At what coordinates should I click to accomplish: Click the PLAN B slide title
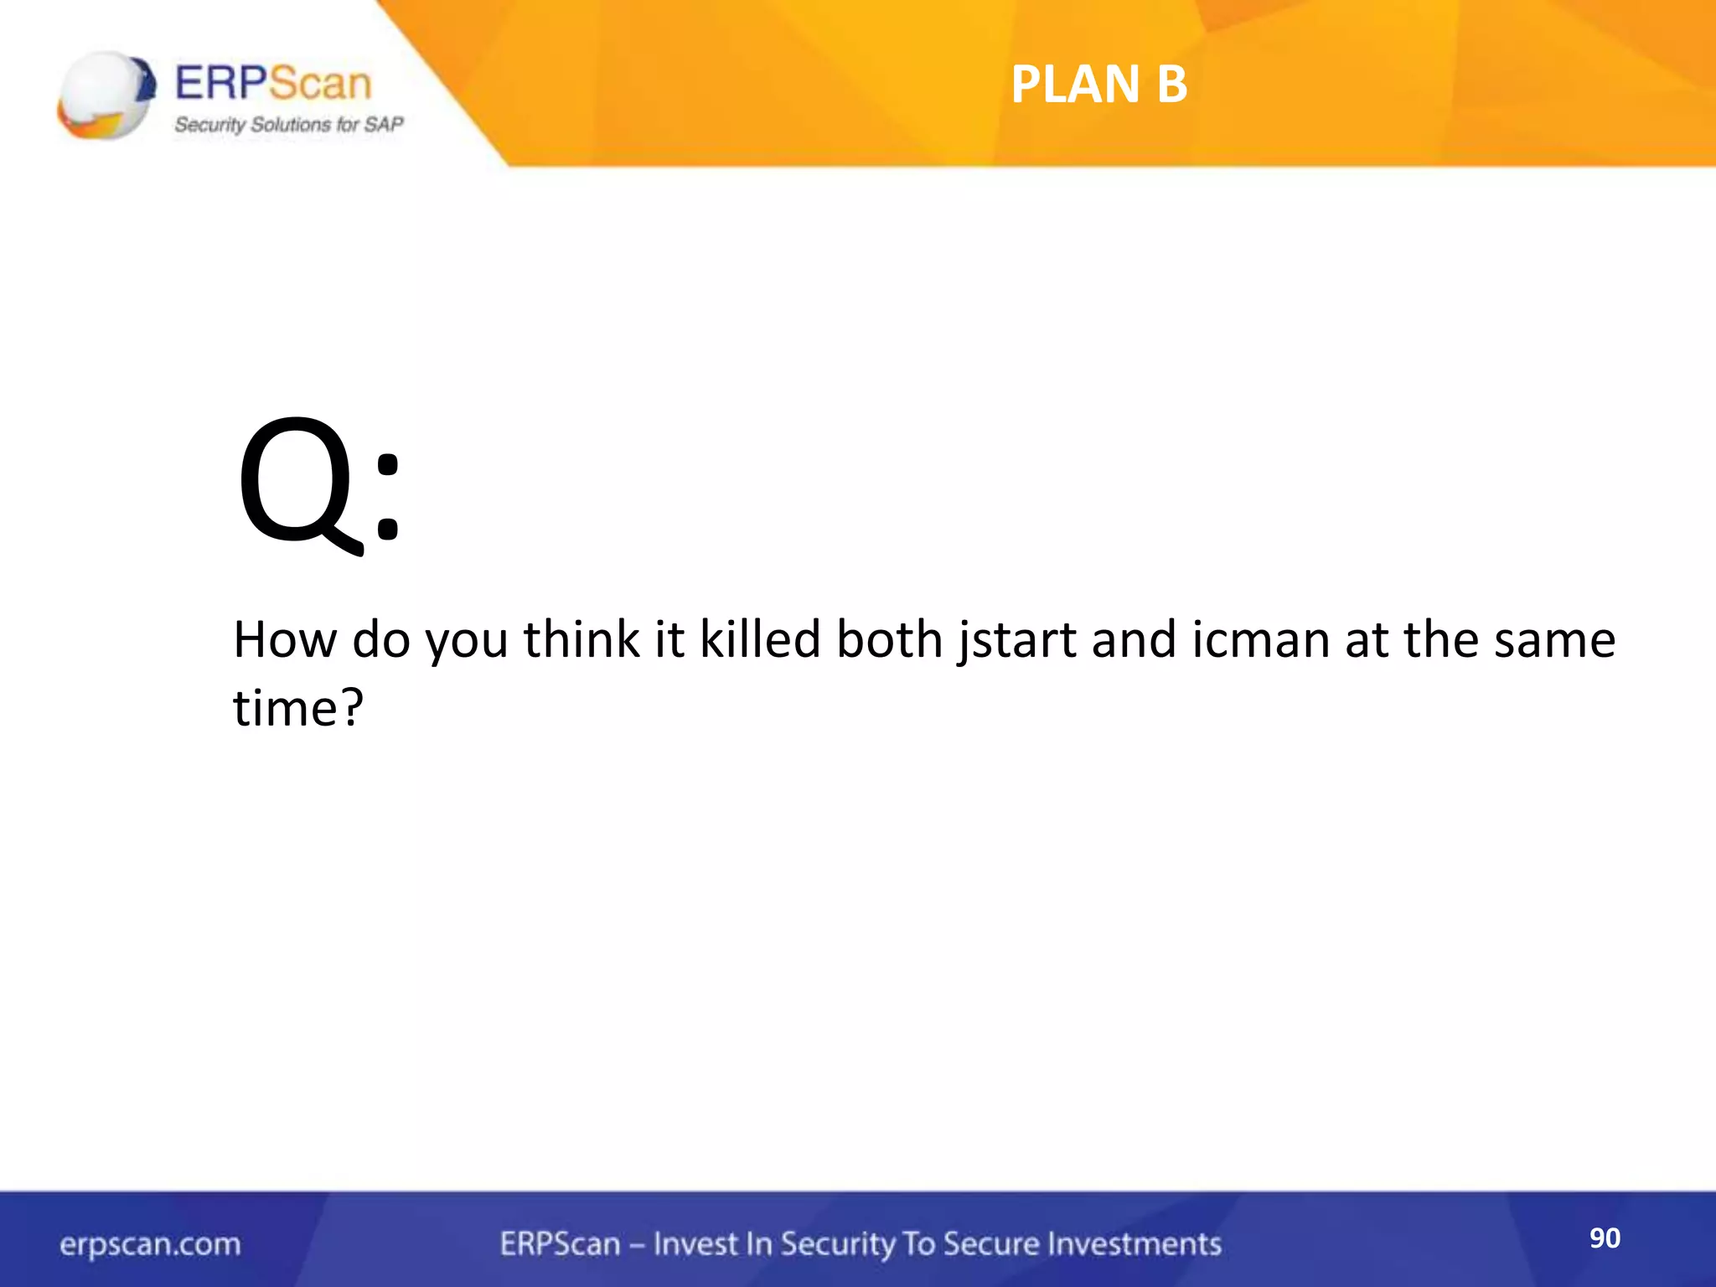tap(1098, 84)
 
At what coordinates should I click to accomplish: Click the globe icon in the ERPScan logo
tap(106, 95)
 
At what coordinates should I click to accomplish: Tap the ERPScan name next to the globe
tap(273, 84)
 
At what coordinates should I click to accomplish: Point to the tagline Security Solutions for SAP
tap(288, 125)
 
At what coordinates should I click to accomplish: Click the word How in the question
tap(284, 640)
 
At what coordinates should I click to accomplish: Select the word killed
tap(759, 640)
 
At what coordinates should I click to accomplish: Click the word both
tap(889, 640)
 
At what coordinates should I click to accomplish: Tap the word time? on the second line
tap(297, 708)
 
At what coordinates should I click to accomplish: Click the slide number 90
tap(1605, 1238)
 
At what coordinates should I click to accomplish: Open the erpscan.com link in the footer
tap(150, 1244)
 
